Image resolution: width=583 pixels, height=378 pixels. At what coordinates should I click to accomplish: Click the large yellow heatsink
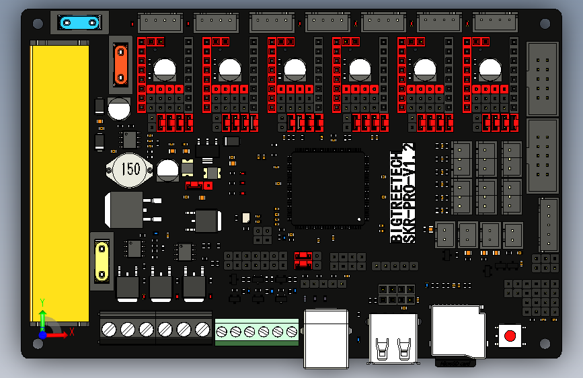(x=59, y=182)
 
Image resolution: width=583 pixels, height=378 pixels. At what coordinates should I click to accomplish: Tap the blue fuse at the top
(x=79, y=23)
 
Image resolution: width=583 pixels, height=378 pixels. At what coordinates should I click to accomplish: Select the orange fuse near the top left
(x=120, y=62)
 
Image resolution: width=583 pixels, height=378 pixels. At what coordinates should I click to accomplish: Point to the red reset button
(x=510, y=335)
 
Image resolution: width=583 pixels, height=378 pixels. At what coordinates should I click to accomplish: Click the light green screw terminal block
(x=256, y=332)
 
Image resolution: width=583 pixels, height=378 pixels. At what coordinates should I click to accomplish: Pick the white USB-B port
(x=326, y=338)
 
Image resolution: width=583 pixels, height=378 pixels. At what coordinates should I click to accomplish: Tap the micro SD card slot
(x=457, y=332)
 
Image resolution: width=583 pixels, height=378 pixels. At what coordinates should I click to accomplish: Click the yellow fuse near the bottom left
(x=101, y=260)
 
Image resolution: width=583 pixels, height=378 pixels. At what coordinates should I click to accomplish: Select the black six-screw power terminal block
(x=155, y=329)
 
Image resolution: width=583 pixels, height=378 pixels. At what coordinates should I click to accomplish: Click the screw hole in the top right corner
(x=546, y=24)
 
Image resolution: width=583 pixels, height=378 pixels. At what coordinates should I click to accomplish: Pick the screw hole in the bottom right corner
(x=546, y=343)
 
